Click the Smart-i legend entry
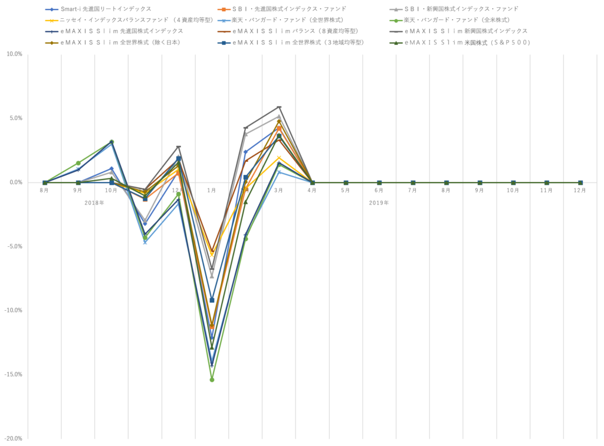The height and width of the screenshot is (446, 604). [x=106, y=9]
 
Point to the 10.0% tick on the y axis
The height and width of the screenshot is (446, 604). [x=14, y=54]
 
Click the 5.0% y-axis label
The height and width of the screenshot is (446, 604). [x=15, y=118]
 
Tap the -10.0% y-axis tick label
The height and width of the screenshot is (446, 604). [x=14, y=310]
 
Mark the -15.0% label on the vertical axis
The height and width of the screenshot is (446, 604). [x=14, y=375]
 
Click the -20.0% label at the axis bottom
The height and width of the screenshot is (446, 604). [x=14, y=438]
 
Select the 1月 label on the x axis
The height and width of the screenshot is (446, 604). [x=212, y=191]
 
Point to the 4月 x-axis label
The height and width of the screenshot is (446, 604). [x=313, y=191]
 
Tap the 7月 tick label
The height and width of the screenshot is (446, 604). [x=413, y=191]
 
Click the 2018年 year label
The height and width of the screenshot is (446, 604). [x=94, y=203]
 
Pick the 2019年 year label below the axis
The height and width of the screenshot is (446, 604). [x=379, y=203]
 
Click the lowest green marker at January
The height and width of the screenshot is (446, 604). [x=212, y=380]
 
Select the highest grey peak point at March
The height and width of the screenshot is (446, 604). [x=279, y=108]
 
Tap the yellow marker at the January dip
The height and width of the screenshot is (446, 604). [x=212, y=255]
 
